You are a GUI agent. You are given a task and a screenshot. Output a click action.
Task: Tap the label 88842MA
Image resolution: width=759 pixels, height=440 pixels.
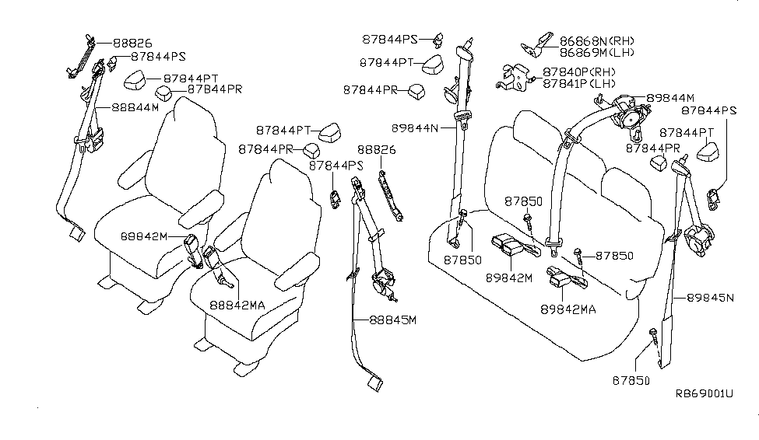point(237,305)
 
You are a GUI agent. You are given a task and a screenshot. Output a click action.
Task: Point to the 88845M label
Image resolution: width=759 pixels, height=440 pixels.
point(393,320)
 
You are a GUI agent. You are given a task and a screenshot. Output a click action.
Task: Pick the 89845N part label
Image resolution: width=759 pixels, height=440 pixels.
point(709,297)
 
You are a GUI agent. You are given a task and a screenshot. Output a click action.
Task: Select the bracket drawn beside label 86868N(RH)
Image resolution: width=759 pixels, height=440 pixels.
point(538,45)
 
